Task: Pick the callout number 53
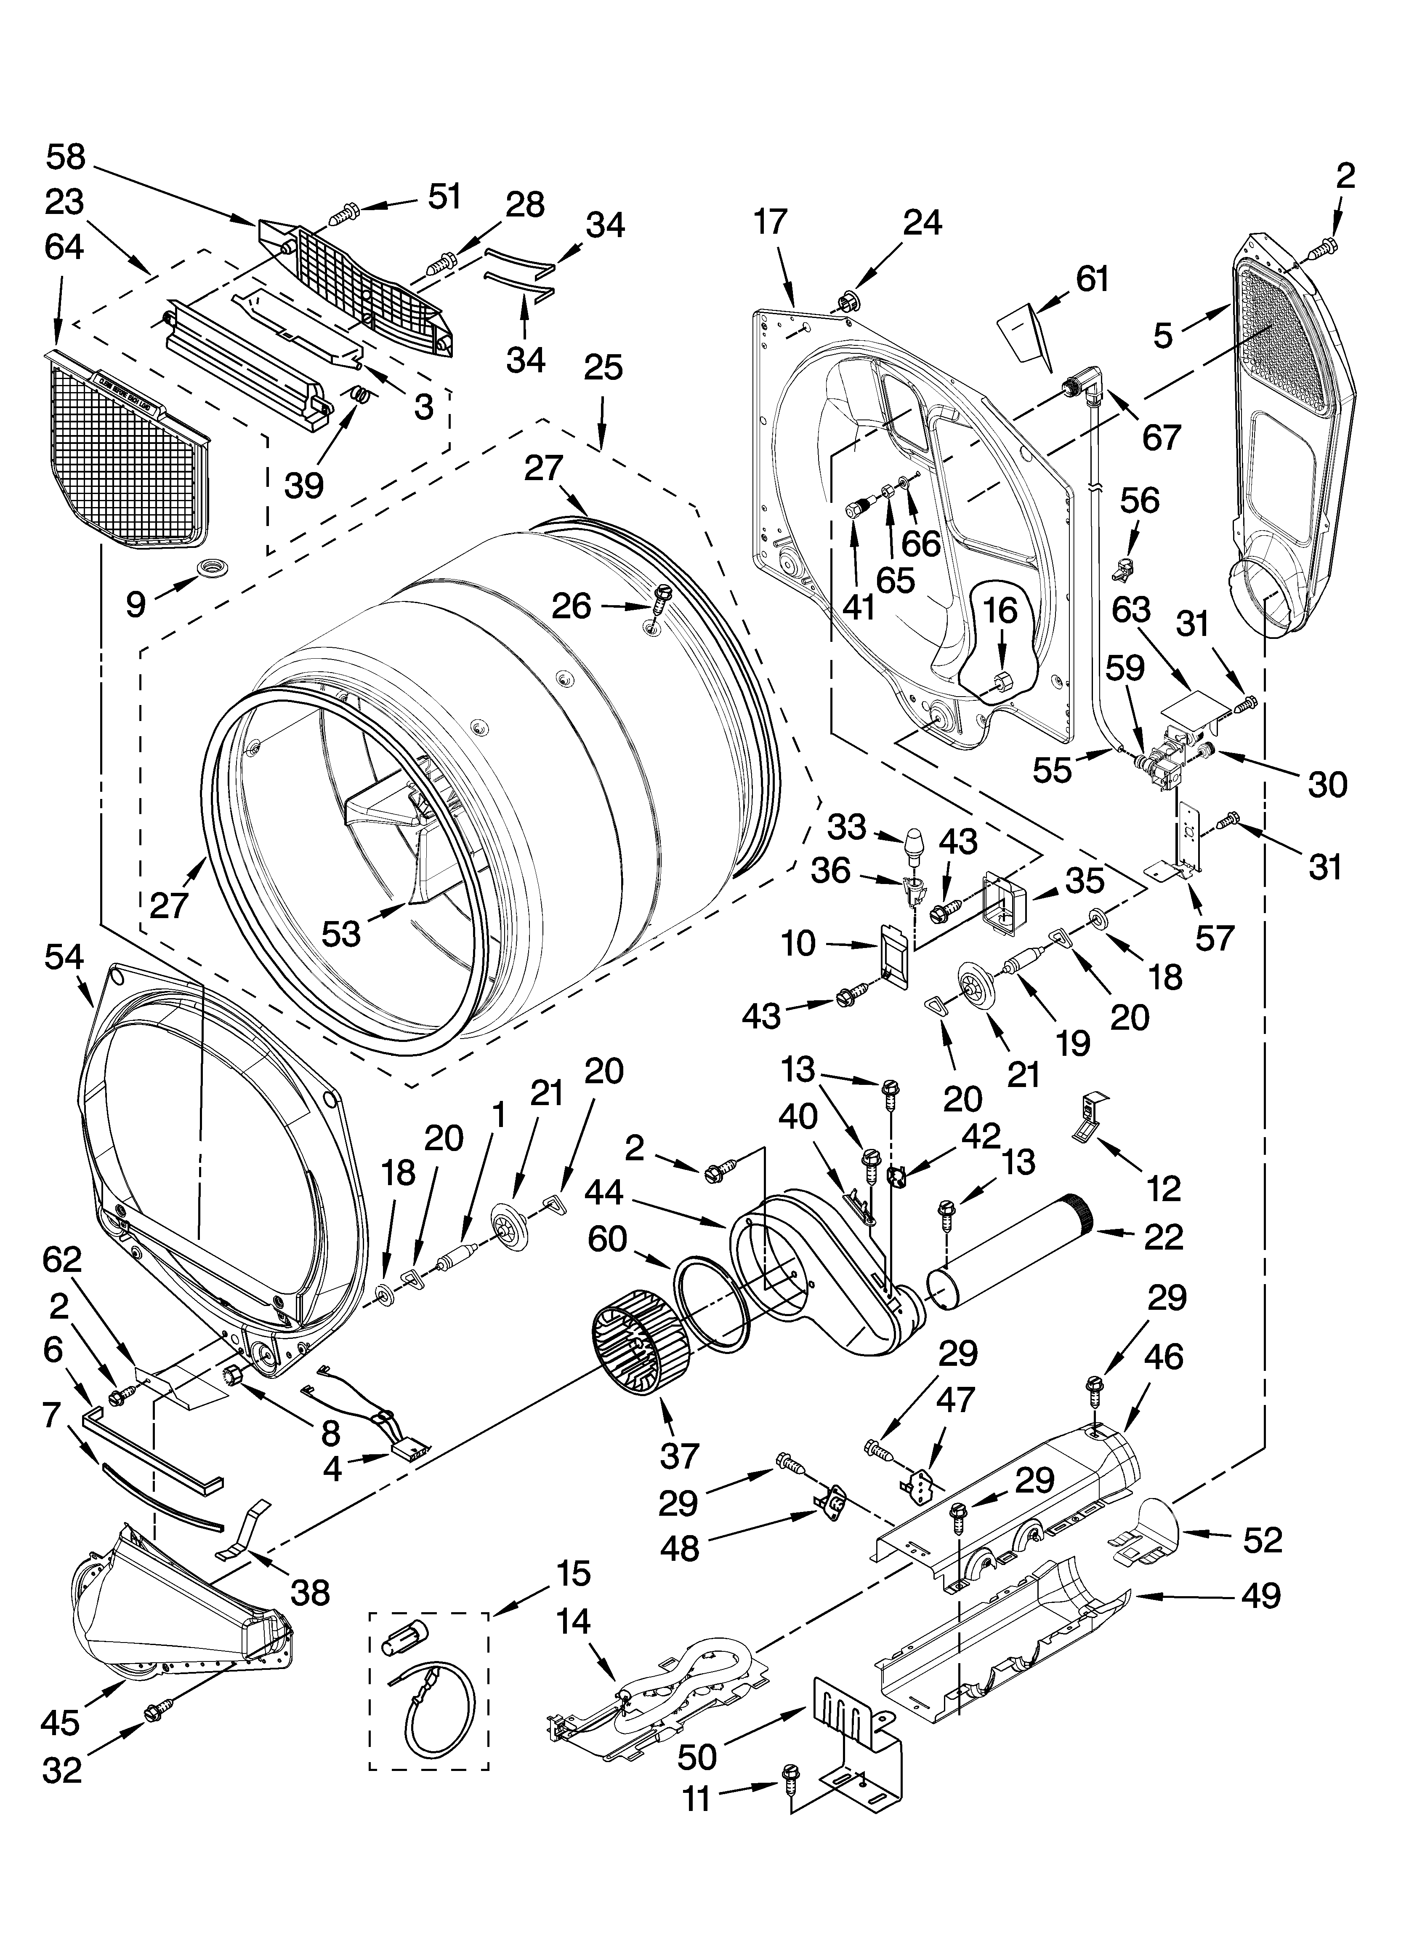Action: coord(340,933)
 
